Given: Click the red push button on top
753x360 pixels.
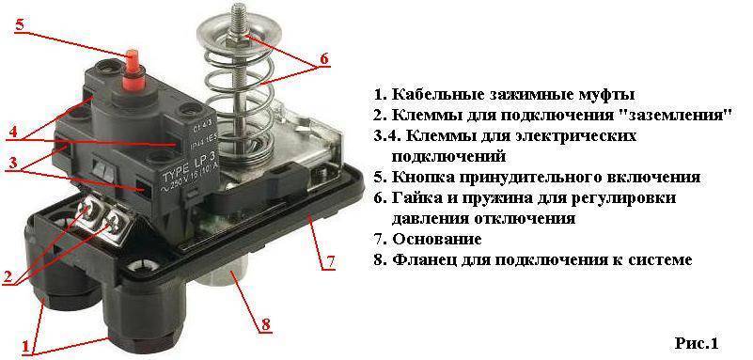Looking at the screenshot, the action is (x=131, y=71).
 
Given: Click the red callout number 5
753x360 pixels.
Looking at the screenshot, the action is (x=19, y=25).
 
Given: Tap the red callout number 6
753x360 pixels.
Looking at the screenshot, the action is (x=323, y=58).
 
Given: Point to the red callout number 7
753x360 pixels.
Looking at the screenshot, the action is (x=330, y=261).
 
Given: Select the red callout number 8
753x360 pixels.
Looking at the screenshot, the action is (x=266, y=324).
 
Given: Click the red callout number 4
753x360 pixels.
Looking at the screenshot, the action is (x=13, y=132).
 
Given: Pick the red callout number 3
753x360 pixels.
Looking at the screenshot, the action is (x=13, y=163).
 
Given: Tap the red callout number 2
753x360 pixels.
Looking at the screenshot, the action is (x=8, y=277).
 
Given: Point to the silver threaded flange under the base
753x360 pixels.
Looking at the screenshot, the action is (x=225, y=277).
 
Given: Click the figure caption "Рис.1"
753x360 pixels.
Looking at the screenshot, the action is (x=697, y=344).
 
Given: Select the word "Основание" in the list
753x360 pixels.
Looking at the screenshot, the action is (x=437, y=239).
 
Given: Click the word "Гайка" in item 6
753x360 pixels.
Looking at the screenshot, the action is (x=416, y=197).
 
